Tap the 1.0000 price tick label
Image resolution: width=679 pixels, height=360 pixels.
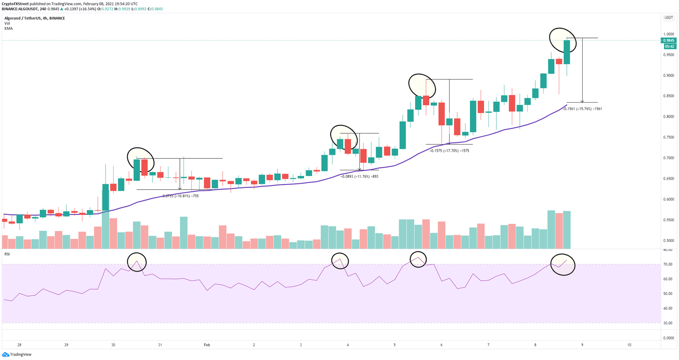669,34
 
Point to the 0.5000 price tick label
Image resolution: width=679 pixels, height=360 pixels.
669,241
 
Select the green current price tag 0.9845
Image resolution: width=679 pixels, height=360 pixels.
668,40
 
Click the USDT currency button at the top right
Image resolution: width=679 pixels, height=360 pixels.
668,18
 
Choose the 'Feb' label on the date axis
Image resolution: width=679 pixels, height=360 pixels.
207,345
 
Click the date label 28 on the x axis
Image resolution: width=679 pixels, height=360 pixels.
19,345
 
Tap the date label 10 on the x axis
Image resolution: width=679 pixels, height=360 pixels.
629,345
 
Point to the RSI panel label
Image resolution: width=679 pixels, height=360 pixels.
7,254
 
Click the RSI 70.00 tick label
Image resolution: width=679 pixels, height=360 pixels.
668,264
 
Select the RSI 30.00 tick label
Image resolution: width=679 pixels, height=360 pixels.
668,323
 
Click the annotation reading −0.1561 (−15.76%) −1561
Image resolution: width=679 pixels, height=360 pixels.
582,109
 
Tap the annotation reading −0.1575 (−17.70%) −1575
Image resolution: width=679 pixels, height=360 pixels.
449,151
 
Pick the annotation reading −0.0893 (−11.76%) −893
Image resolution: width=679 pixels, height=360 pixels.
359,176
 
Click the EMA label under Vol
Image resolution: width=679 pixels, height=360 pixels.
8,28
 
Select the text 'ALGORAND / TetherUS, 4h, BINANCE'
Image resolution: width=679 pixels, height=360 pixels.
34,18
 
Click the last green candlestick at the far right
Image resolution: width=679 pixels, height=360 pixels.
567,52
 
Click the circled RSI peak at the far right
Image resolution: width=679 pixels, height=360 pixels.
563,264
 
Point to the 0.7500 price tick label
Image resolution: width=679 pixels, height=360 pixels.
669,137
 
